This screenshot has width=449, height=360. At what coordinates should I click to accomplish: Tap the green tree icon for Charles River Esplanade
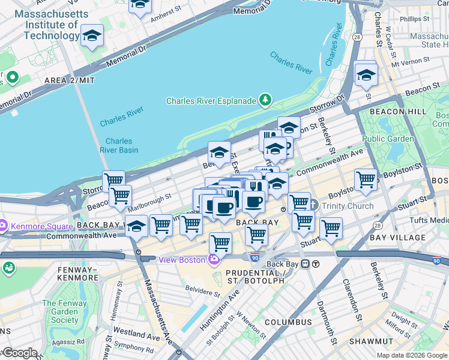(x=265, y=100)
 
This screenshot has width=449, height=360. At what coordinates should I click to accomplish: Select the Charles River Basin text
(x=118, y=146)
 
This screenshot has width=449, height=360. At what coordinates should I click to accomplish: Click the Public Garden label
(x=388, y=139)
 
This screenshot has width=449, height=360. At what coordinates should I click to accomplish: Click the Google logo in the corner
(x=19, y=353)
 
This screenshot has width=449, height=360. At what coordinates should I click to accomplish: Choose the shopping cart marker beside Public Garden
(x=366, y=179)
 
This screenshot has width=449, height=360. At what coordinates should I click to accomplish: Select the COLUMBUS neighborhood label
(x=288, y=322)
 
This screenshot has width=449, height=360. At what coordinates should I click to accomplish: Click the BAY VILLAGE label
(x=397, y=238)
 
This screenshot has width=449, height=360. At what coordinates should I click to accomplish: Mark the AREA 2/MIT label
(x=69, y=80)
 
